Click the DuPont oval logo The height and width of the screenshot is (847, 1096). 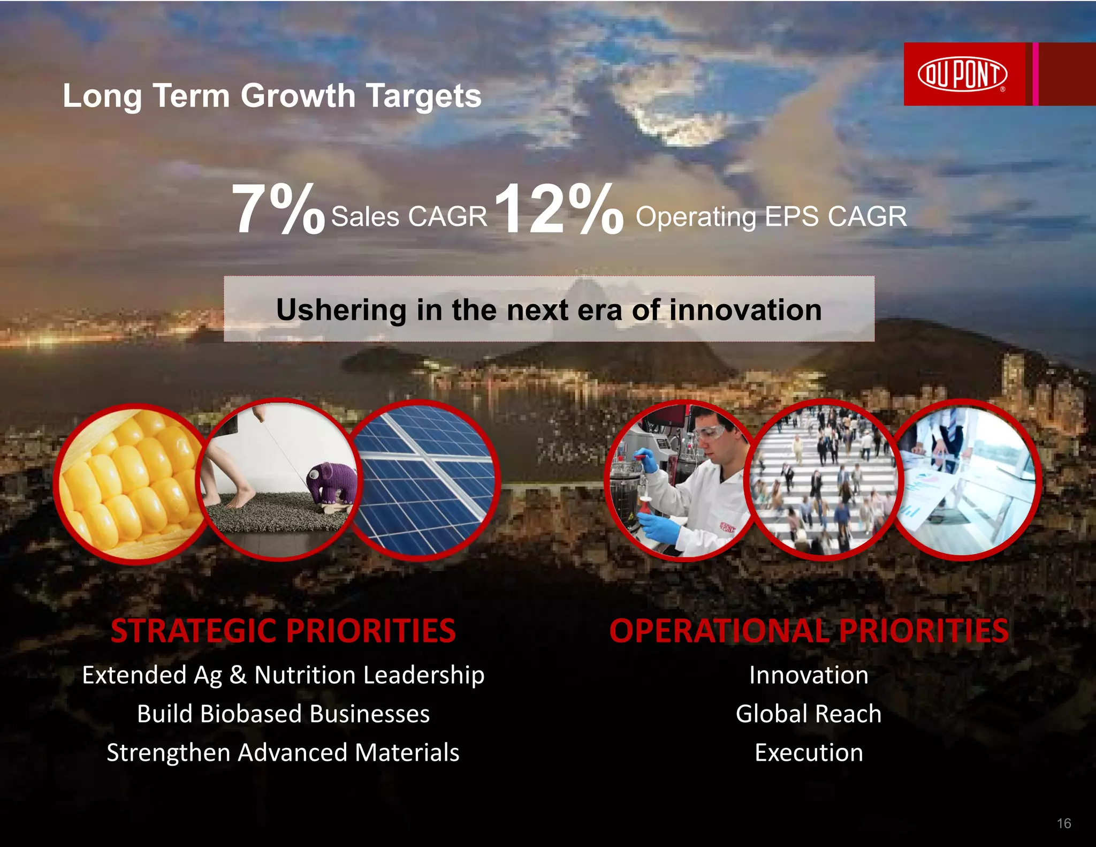point(962,74)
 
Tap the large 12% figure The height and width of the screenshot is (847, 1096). point(558,209)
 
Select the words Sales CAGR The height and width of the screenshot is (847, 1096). point(409,217)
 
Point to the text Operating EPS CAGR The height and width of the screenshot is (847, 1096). point(771,217)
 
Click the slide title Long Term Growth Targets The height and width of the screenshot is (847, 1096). point(272,96)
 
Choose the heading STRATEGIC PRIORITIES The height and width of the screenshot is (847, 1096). point(283,631)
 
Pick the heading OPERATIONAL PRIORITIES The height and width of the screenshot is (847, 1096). point(809,631)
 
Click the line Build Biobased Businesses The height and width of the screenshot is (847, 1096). point(283,714)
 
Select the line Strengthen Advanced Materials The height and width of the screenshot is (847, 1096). point(283,753)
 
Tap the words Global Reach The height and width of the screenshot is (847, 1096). point(809,714)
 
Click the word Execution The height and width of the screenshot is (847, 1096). point(809,753)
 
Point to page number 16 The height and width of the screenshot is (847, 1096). point(1064,823)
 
